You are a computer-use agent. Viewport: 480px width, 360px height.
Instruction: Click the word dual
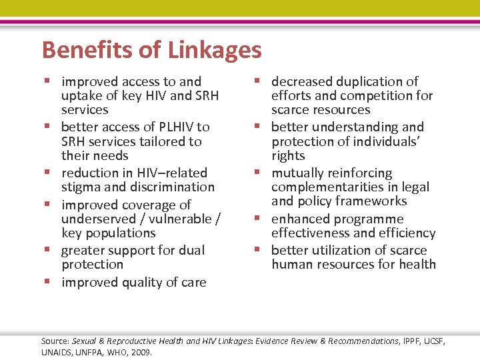(193, 250)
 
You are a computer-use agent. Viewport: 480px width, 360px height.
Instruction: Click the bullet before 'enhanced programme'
(259, 219)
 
